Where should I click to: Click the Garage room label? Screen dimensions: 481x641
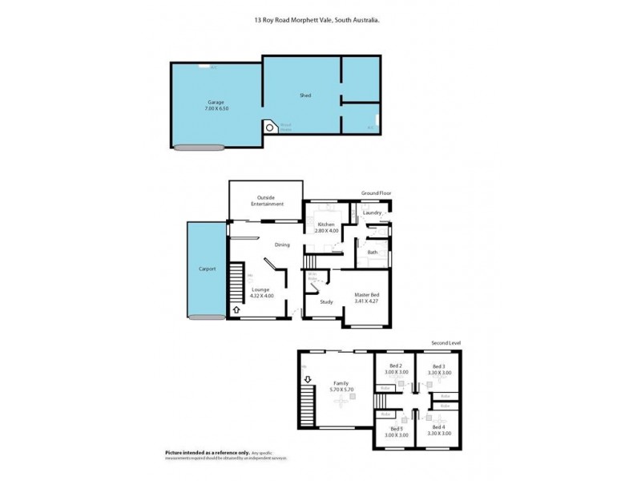[x=216, y=103]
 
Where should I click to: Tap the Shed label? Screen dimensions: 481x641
[x=305, y=95]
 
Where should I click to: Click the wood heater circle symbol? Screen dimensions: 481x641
[x=270, y=127]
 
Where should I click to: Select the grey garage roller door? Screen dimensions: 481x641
[x=200, y=147]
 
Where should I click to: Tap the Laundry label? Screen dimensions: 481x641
[x=372, y=212]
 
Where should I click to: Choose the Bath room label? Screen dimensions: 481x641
[x=373, y=253]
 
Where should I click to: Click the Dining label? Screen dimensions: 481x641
[x=282, y=245]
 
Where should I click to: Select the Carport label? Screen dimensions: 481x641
[x=208, y=269]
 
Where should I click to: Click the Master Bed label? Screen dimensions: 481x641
[x=367, y=294]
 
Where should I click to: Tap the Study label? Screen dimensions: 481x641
[x=326, y=301]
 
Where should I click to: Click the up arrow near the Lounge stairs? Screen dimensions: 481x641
[x=236, y=309]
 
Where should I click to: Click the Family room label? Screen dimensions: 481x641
[x=341, y=383]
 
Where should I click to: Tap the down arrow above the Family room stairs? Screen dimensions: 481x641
[x=306, y=379]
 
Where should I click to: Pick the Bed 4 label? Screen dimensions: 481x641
[x=438, y=427]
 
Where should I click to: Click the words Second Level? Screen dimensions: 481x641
[x=445, y=342]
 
